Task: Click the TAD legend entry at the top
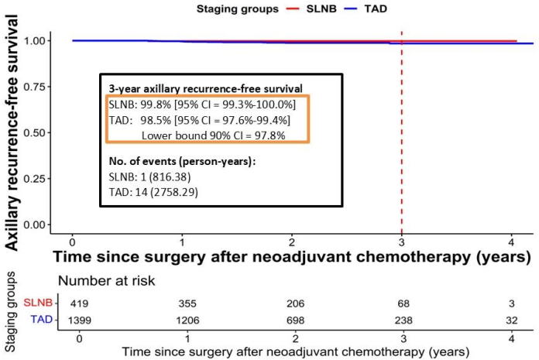click(365, 9)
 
